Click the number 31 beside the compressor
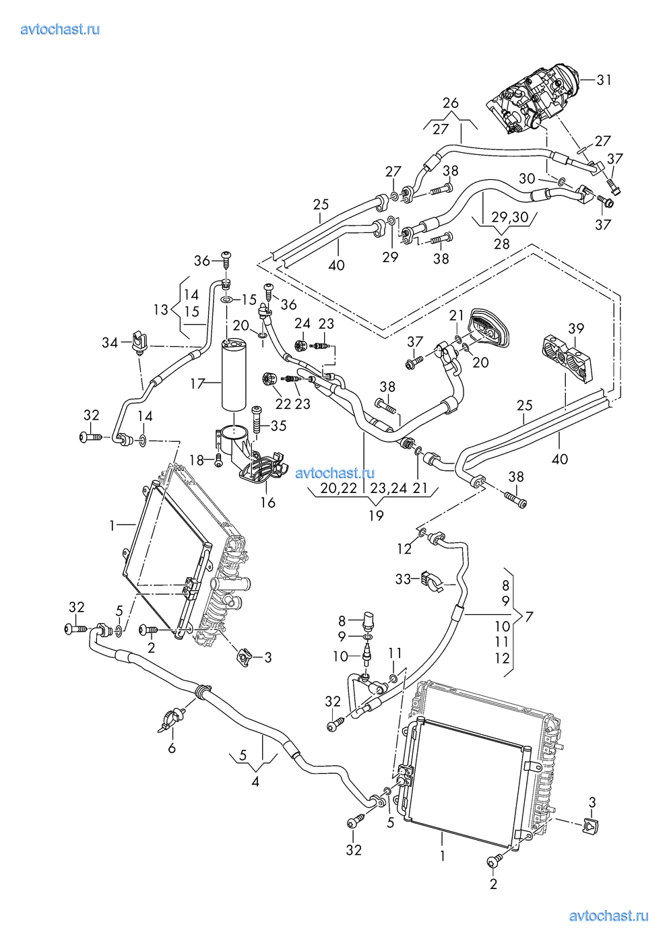coord(604,80)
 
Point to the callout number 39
coord(575,329)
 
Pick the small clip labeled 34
coord(139,341)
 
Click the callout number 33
coord(403,579)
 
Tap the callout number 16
coord(268,502)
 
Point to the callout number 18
coord(196,460)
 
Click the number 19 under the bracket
coord(376,515)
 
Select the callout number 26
coord(451,103)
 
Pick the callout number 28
coord(501,244)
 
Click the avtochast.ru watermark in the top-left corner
coord(61,29)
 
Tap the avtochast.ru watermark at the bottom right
coord(608,915)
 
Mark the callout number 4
coord(255,782)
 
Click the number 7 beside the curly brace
coord(530,616)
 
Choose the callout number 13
coord(161,310)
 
